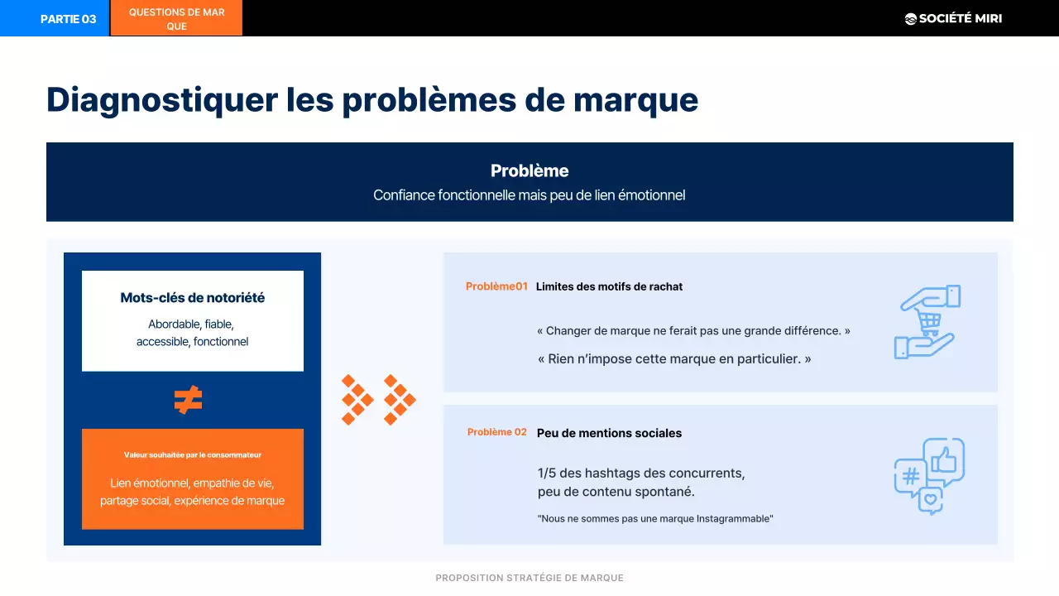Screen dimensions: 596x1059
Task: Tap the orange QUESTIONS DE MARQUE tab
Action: (x=176, y=19)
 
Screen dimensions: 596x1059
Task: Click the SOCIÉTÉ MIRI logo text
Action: (x=960, y=18)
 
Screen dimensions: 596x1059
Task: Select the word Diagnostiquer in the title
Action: (x=162, y=99)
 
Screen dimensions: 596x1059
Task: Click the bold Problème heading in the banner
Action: (x=529, y=171)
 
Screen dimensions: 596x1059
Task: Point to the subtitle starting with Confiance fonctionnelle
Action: (x=529, y=195)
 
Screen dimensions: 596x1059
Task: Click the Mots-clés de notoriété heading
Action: (x=193, y=297)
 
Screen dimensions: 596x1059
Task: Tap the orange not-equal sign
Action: (x=189, y=400)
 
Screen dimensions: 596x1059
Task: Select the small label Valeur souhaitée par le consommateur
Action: (x=193, y=454)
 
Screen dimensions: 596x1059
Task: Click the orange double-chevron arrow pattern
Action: (x=379, y=400)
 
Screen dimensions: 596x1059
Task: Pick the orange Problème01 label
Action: (x=496, y=286)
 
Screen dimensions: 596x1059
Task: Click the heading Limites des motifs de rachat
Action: (x=609, y=286)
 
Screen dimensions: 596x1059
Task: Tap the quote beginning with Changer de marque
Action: (x=693, y=330)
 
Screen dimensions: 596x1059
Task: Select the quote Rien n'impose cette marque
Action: (x=673, y=359)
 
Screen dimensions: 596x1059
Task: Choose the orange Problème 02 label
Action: (x=496, y=432)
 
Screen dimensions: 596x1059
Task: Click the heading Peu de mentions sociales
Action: (x=609, y=433)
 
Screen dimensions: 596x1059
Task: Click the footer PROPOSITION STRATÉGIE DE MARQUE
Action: (x=529, y=578)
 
